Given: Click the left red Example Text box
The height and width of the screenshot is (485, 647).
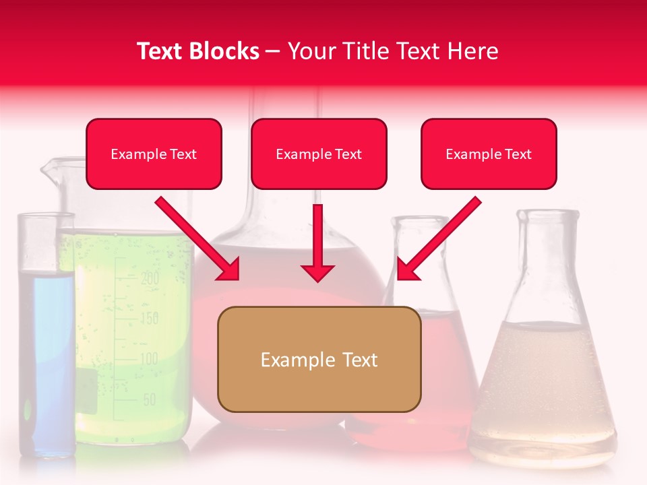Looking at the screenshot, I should point(154,154).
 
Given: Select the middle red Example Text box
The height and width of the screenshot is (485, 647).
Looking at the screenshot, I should point(319,154).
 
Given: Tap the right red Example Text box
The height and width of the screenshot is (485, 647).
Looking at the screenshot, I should point(489,154).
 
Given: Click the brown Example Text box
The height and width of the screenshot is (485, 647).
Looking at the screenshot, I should point(319,359).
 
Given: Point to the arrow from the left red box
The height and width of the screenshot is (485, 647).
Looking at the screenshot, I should point(197,238).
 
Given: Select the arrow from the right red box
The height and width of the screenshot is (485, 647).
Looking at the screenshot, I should point(439,238).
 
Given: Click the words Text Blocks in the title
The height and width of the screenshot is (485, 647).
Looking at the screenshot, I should point(198,51).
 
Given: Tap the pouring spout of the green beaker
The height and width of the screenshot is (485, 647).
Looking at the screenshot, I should point(49,170).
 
